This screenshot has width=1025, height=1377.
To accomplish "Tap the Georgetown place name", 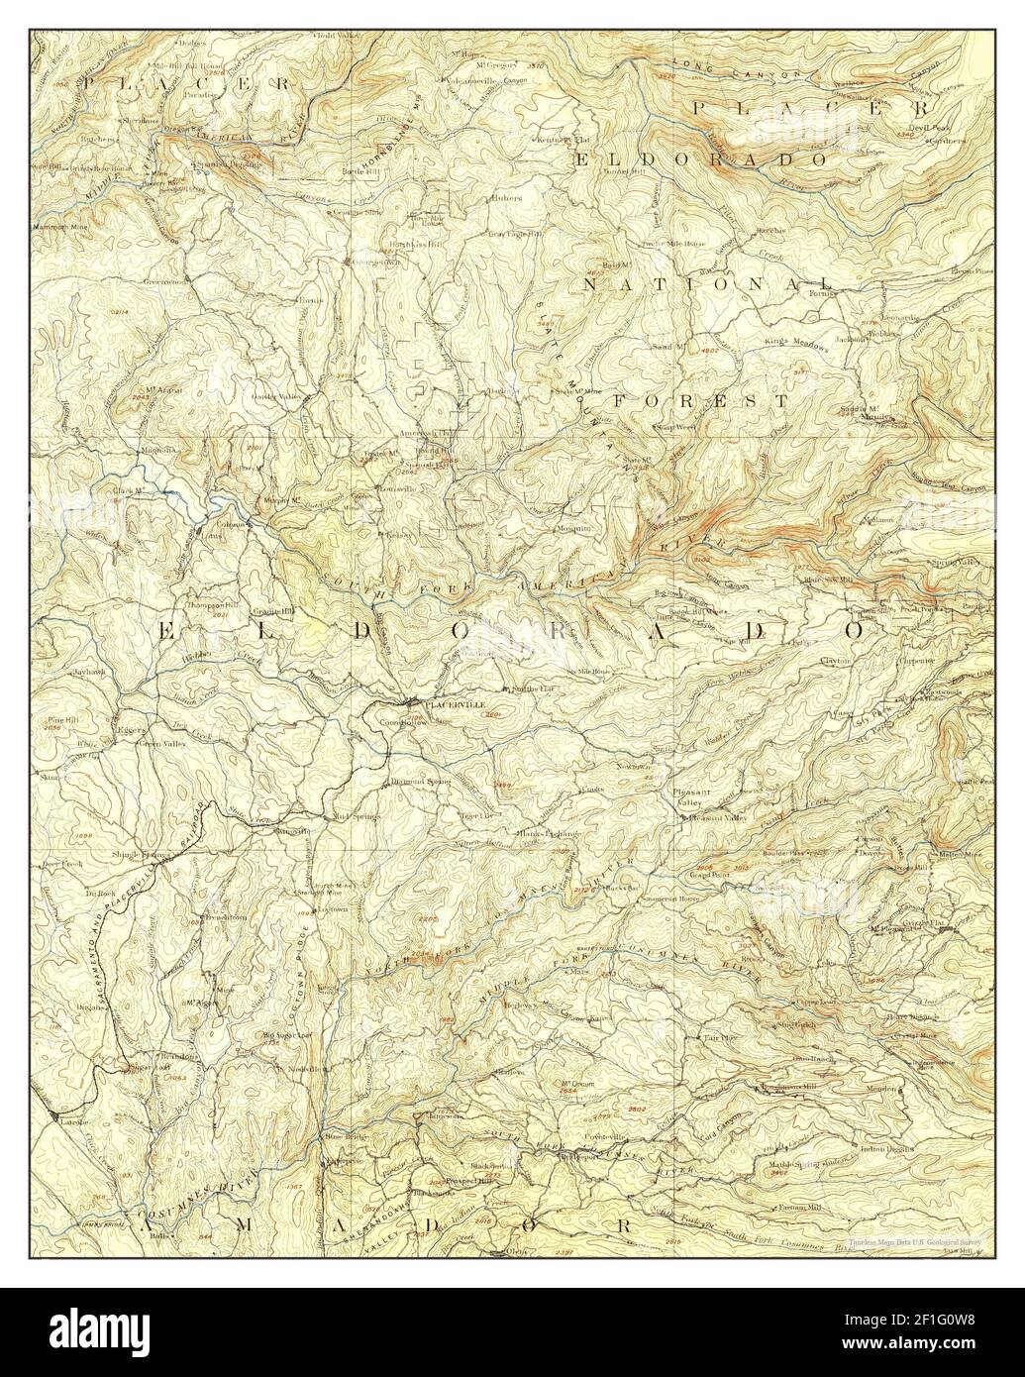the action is [366, 262].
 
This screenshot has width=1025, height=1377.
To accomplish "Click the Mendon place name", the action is [886, 1089].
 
